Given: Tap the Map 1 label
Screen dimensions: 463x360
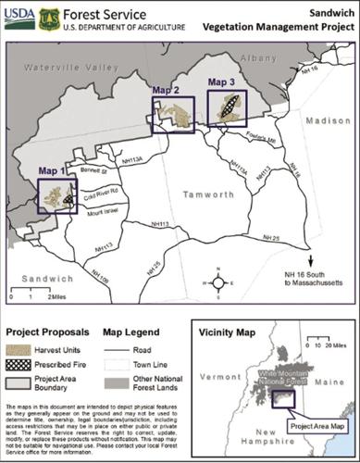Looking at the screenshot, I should (x=52, y=171).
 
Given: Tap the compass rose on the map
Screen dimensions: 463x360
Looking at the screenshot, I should (x=217, y=284).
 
